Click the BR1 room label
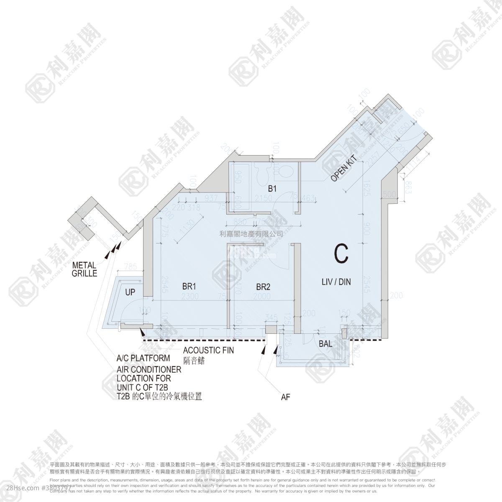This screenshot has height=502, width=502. [x=190, y=287]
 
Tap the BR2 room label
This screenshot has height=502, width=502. [x=263, y=287]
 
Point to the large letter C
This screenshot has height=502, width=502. [x=341, y=254]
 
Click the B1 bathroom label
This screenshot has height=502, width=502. [x=272, y=189]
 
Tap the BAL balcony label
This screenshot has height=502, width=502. [x=325, y=344]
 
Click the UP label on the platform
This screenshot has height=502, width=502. [x=130, y=292]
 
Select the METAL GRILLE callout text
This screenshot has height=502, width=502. [x=85, y=269]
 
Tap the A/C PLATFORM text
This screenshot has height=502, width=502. [x=143, y=359]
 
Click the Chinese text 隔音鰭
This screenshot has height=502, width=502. [x=195, y=361]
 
